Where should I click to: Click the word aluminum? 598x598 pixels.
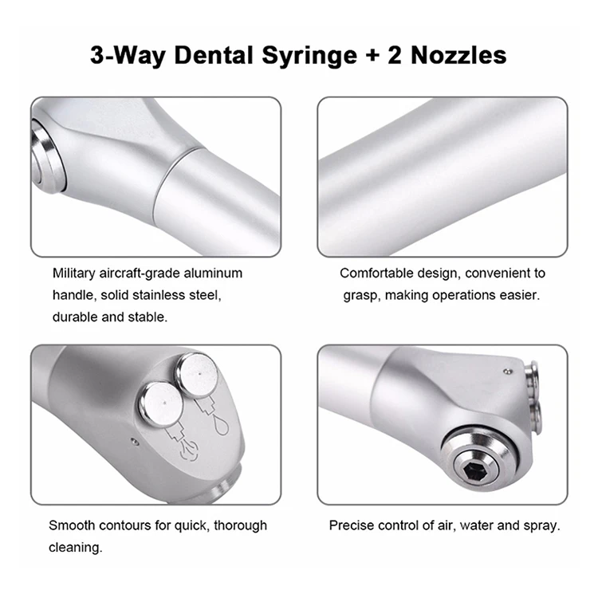pos(212,273)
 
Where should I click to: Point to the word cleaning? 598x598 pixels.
pos(74,548)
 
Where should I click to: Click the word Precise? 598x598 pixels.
pos(350,525)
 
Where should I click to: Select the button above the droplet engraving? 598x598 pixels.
pos(195,373)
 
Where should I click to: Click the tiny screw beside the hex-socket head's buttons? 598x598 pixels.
pos(507,371)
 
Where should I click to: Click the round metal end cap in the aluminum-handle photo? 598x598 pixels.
pos(45,154)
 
